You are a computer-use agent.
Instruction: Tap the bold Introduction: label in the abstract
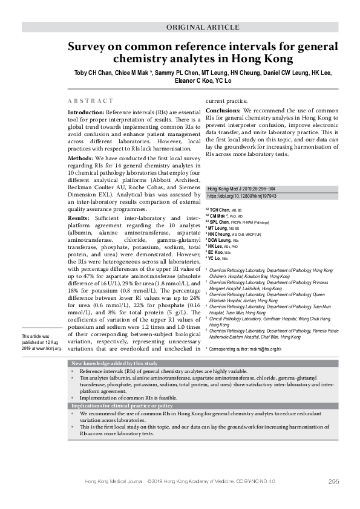click(x=86, y=113)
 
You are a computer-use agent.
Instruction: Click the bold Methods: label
click(x=80, y=157)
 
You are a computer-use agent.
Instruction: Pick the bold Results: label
click(x=79, y=218)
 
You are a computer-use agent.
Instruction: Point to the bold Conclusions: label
click(x=223, y=111)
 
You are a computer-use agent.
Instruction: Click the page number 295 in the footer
click(x=333, y=481)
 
